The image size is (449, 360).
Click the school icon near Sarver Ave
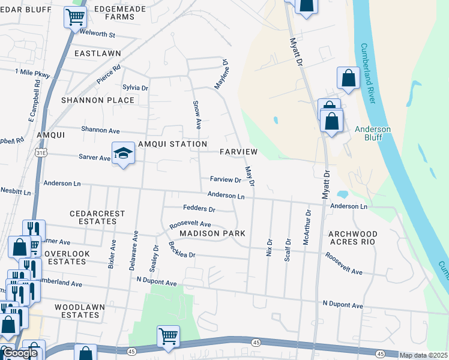point(123,153)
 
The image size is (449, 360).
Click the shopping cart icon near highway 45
point(168,336)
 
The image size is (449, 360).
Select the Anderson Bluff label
point(373,133)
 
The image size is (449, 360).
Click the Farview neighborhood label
point(238,152)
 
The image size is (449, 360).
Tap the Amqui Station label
point(172,144)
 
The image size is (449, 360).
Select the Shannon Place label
point(97,100)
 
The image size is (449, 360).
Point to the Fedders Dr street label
point(199,209)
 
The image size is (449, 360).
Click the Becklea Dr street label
point(181,250)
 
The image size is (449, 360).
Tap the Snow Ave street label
point(197,115)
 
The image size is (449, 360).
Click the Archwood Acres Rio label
point(352,237)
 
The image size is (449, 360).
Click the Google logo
point(19,353)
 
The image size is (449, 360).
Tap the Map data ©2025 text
point(424,355)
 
